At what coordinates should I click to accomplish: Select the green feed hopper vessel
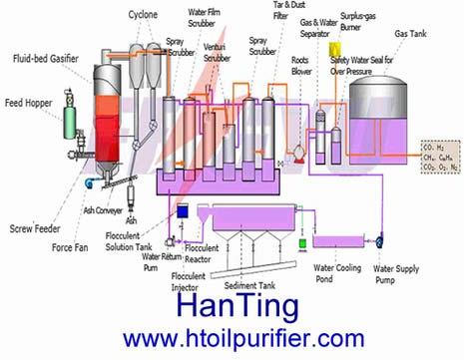click(70, 122)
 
